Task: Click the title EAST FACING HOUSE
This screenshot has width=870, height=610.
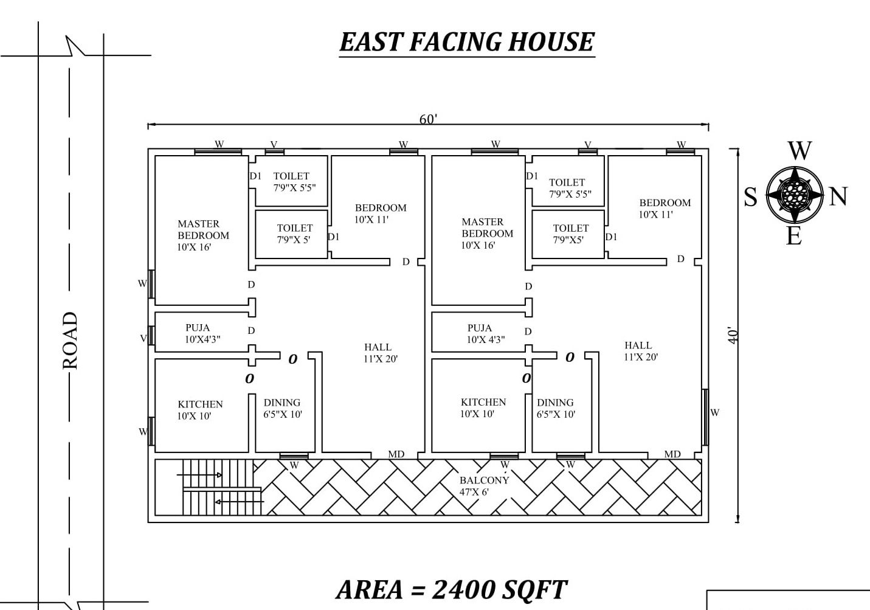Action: click(x=466, y=42)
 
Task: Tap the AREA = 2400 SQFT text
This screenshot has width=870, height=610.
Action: click(x=451, y=589)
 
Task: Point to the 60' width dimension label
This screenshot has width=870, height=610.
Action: click(x=428, y=119)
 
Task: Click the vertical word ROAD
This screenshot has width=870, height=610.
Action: click(x=71, y=341)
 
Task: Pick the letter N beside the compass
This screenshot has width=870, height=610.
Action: click(x=838, y=196)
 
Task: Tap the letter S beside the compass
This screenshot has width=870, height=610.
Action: click(x=751, y=197)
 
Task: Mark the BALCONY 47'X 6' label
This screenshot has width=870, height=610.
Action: click(x=484, y=486)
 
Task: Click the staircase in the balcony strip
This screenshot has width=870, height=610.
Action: click(x=218, y=487)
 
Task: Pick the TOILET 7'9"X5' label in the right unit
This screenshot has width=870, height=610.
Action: click(x=570, y=234)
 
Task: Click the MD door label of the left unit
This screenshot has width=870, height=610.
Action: click(x=396, y=454)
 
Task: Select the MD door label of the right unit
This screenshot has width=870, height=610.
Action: click(x=672, y=454)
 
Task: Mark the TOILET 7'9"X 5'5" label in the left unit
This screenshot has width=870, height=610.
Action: click(x=293, y=182)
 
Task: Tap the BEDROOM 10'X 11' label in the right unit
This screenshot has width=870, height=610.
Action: click(x=664, y=208)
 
